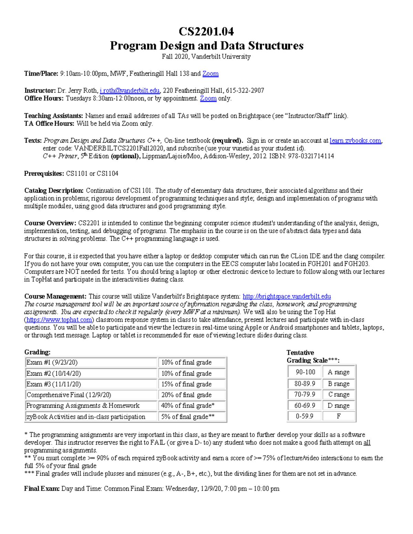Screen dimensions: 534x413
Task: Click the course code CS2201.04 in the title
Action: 206,32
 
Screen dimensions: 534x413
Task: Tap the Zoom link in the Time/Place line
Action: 210,74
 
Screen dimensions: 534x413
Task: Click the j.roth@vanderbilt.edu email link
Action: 130,91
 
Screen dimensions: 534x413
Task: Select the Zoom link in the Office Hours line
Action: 208,99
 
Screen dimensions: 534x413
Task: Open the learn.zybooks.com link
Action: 355,141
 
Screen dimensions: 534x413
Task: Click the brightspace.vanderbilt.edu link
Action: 287,296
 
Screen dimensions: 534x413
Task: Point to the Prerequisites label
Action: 44,174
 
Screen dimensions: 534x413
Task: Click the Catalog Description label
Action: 54,190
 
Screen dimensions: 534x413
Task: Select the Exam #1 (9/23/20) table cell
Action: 91,362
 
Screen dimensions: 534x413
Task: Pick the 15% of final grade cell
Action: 192,384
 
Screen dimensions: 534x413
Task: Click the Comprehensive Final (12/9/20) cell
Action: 91,395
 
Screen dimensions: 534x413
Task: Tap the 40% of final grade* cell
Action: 192,406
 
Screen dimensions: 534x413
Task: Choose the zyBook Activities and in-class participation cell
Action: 91,417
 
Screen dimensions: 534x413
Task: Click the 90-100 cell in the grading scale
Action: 305,372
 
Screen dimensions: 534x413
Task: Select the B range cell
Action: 339,384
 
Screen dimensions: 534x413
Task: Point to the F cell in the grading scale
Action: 339,416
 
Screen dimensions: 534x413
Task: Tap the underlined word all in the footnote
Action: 367,443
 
